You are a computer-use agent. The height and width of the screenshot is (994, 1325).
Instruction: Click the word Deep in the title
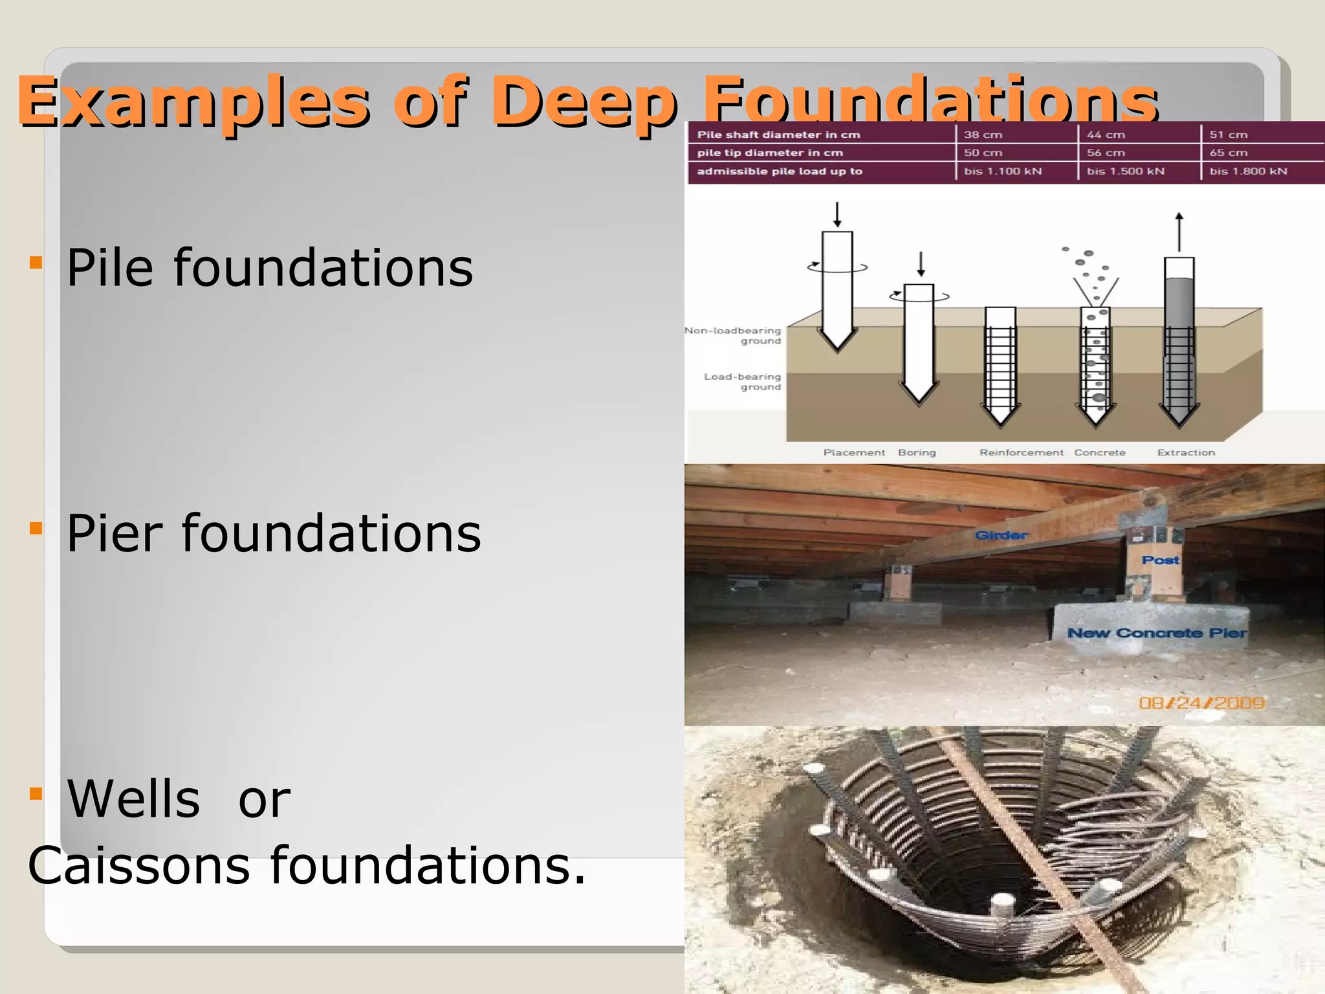(584, 102)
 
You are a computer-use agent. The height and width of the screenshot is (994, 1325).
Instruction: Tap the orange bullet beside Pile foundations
(36, 263)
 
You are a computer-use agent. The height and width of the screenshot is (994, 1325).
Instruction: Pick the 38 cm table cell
(983, 135)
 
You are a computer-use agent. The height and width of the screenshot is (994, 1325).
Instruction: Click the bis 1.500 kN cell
(1125, 171)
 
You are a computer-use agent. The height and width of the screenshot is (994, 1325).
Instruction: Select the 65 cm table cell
(1228, 153)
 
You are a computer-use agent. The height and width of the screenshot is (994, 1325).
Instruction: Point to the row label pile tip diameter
(770, 153)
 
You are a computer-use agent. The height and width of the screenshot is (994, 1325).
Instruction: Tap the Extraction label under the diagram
(1186, 452)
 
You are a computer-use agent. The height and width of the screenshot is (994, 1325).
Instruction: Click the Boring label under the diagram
(917, 452)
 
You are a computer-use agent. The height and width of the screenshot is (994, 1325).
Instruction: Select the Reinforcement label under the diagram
(1021, 452)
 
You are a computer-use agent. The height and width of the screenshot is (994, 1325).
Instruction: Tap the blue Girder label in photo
(1001, 535)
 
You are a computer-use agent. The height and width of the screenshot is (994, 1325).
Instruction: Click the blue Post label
(1160, 560)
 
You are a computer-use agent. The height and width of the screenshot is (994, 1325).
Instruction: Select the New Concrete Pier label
(1157, 633)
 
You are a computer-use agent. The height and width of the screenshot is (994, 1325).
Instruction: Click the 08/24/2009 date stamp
(1201, 703)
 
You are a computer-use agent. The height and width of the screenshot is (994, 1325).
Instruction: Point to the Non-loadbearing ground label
(734, 335)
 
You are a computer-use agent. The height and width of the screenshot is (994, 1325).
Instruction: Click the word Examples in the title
(194, 102)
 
